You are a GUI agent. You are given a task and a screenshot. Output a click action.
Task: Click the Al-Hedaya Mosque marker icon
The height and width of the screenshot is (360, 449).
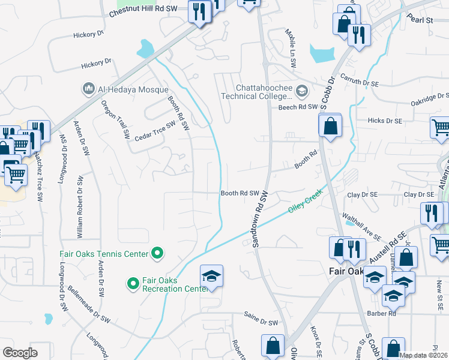tap(88, 89)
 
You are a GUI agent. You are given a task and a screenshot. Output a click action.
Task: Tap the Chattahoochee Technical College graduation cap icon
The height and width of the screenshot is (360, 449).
tap(301, 91)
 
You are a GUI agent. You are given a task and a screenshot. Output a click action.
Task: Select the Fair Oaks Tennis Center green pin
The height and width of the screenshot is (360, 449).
tap(157, 254)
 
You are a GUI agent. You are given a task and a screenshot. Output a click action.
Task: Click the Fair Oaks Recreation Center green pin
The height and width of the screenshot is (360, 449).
tap(133, 282)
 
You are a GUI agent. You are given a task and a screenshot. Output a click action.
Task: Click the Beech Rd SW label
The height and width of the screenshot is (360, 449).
tap(297, 107)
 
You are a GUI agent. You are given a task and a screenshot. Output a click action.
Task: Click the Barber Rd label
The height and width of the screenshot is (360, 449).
tap(384, 313)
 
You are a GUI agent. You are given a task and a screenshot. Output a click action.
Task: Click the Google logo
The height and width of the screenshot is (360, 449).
tap(20, 353)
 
